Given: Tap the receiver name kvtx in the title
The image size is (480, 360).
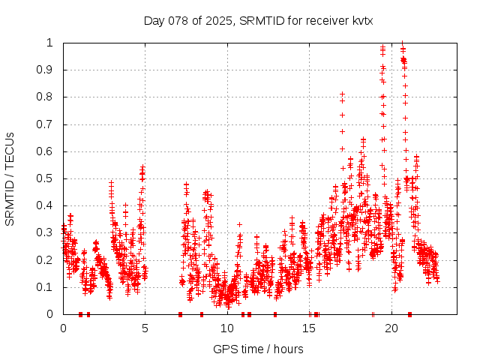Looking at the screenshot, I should click(360, 21).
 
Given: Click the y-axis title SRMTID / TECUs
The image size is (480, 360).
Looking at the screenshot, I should click(10, 178).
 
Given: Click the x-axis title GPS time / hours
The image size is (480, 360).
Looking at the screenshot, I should click(258, 349).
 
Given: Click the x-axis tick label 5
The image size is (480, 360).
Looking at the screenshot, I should click(145, 328).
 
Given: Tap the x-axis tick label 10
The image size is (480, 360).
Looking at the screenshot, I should click(227, 328).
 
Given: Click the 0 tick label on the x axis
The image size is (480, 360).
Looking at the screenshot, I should click(64, 328).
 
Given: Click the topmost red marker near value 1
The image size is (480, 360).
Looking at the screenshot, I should click(403, 43).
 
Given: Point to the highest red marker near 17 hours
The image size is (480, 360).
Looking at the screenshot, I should click(342, 94).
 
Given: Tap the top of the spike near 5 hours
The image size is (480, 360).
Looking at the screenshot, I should click(142, 166).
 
